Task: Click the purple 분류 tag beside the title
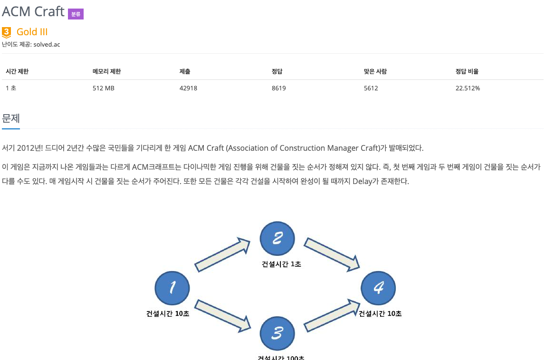point(76,14)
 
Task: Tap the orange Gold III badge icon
point(7,32)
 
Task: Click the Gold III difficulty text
point(32,32)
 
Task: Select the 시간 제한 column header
point(17,71)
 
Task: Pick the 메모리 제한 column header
point(106,71)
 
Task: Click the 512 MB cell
point(103,88)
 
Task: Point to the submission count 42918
point(188,88)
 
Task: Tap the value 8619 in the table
point(278,88)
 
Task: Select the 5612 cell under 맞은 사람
point(371,88)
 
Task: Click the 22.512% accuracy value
point(468,88)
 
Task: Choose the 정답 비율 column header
point(467,71)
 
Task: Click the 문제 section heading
point(11,118)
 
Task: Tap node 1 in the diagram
point(172,288)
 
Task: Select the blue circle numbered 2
point(277,239)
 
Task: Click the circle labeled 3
point(277,334)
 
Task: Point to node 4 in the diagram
point(378,288)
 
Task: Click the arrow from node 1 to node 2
point(222,255)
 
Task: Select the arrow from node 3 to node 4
point(331,316)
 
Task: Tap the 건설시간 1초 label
point(281,264)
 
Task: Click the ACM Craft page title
point(33,11)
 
